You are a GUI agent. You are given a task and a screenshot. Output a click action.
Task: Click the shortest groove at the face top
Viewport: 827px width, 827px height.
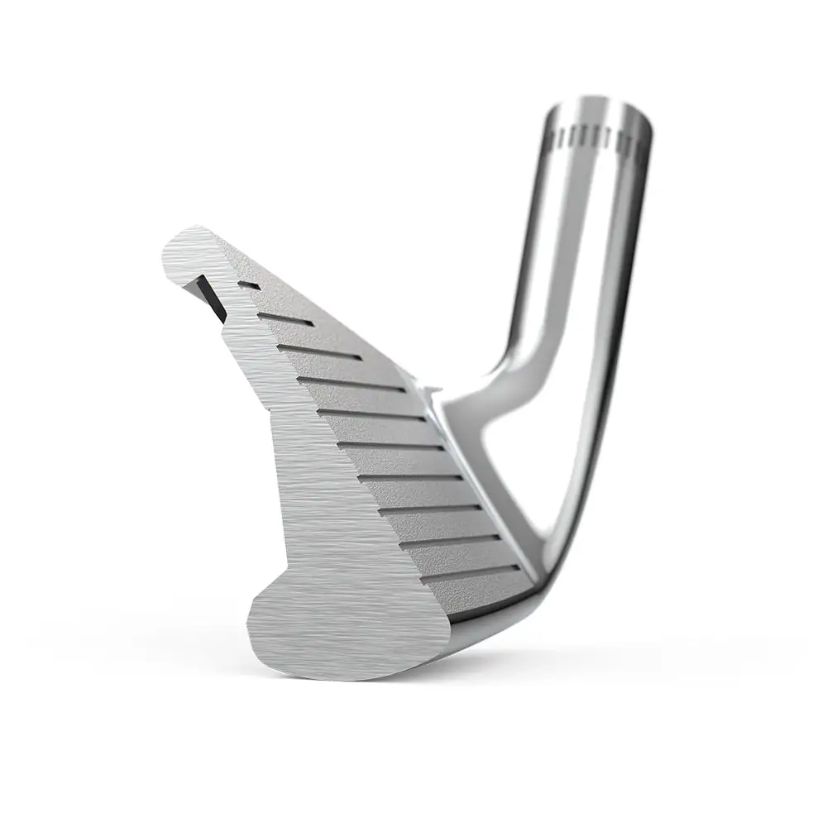click(245, 284)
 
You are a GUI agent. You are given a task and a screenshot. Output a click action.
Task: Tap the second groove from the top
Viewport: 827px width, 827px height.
click(285, 316)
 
